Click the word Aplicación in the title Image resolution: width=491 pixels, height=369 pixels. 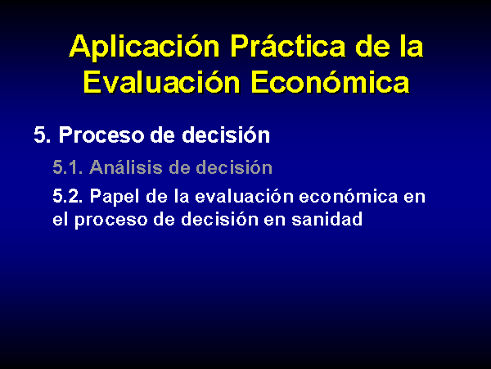pyautogui.click(x=144, y=47)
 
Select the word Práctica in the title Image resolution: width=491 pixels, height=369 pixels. pyautogui.click(x=288, y=46)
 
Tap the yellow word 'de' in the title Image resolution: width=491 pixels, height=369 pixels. pyautogui.click(x=372, y=46)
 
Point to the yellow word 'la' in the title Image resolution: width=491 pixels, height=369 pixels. pyautogui.click(x=412, y=46)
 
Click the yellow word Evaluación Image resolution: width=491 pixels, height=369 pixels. pyautogui.click(x=161, y=81)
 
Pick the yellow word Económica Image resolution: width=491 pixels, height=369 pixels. pyautogui.click(x=331, y=81)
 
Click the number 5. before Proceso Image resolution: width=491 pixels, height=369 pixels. pyautogui.click(x=42, y=135)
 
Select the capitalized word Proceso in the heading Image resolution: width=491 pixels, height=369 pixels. pyautogui.click(x=101, y=135)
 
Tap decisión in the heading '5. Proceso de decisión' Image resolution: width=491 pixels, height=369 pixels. pyautogui.click(x=226, y=135)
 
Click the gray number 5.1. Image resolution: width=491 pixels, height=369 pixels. pyautogui.click(x=68, y=167)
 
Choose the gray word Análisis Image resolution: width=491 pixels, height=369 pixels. pyautogui.click(x=126, y=166)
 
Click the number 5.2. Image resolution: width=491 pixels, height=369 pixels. pyautogui.click(x=68, y=197)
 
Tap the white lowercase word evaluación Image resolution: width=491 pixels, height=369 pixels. pyautogui.click(x=244, y=197)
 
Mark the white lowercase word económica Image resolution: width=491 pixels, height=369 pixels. pyautogui.click(x=349, y=197)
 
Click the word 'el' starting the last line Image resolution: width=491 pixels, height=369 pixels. pyautogui.click(x=59, y=219)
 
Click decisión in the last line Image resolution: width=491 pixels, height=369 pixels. pyautogui.click(x=219, y=219)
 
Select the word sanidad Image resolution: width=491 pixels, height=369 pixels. pyautogui.click(x=327, y=219)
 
